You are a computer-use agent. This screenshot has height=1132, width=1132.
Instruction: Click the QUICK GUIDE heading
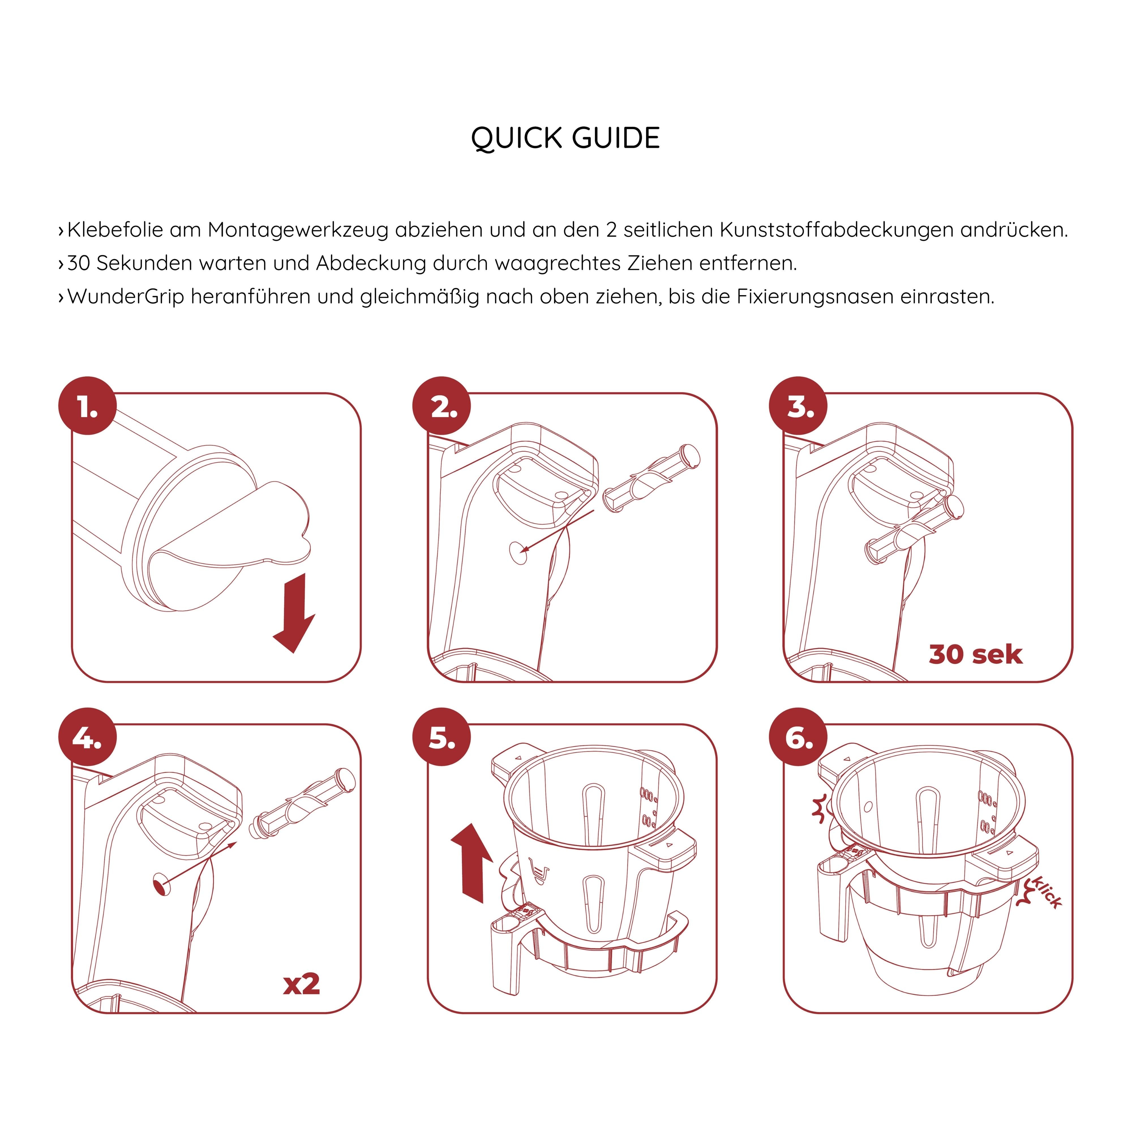(x=565, y=138)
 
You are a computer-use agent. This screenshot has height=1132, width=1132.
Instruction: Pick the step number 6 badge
(x=799, y=738)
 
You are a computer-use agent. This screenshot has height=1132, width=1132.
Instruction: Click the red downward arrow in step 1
(x=295, y=612)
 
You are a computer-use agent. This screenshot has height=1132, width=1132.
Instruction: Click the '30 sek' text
(x=976, y=655)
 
